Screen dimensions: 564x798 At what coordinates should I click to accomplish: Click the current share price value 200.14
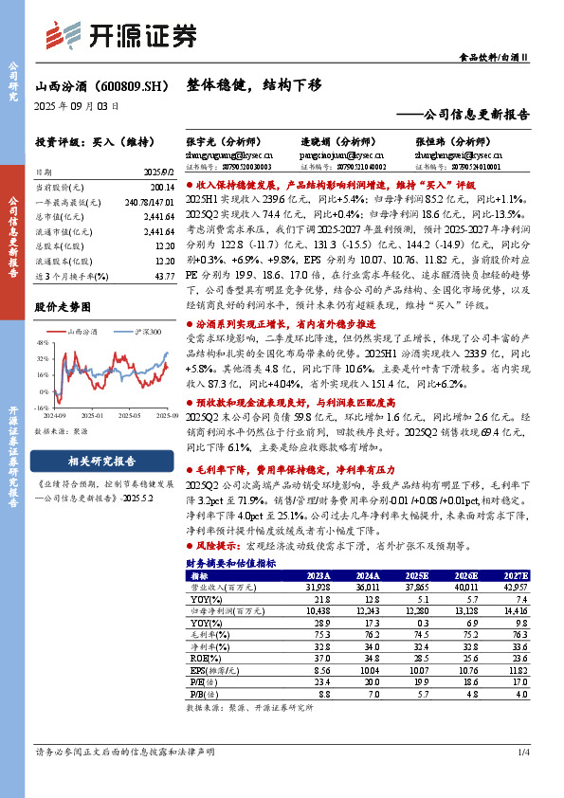(160, 189)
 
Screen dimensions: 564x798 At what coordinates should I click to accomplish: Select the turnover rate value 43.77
(163, 275)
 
